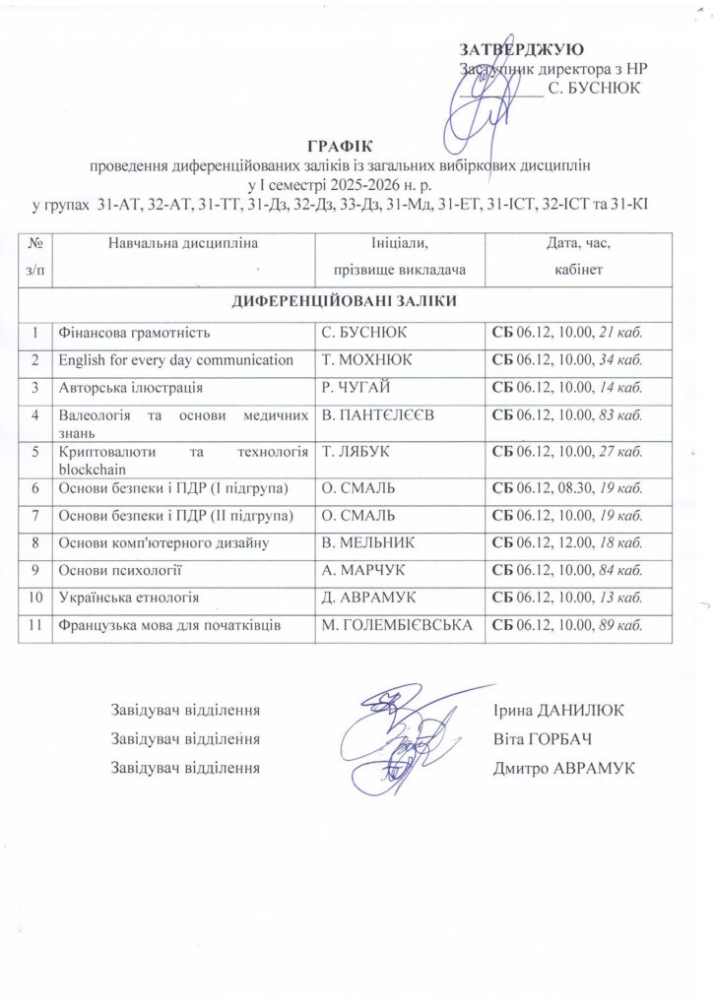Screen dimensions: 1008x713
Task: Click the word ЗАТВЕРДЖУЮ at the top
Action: (523, 49)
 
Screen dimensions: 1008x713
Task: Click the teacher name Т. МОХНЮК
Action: (367, 359)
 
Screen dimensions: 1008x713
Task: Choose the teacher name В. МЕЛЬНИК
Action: (373, 542)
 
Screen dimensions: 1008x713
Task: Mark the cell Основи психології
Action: (121, 570)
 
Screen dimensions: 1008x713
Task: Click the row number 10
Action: (35, 597)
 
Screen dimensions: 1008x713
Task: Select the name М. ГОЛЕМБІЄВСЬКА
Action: (397, 624)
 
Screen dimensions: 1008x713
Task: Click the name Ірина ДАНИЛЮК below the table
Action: (559, 711)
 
